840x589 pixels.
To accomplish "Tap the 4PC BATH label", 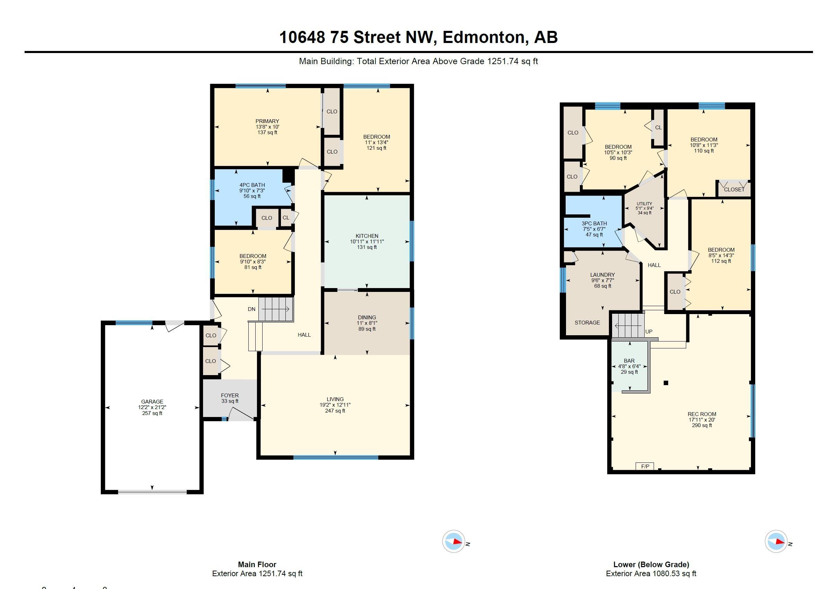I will [x=252, y=185].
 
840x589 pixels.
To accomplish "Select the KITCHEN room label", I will [x=366, y=236].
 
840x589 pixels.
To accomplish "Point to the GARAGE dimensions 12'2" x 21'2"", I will [x=152, y=407].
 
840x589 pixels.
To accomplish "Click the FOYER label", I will [x=230, y=395].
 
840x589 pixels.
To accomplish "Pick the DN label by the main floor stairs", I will [x=251, y=309].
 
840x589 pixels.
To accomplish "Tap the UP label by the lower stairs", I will [x=649, y=332].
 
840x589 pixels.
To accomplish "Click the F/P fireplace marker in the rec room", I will [x=645, y=466].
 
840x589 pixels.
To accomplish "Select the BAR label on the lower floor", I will [x=629, y=361].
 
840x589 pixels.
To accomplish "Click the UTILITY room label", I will [x=644, y=204].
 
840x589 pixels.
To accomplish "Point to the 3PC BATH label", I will [x=594, y=223].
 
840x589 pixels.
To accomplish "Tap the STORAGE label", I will [x=587, y=322].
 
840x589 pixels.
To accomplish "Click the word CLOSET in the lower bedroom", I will [x=734, y=189].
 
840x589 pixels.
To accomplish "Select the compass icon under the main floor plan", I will [x=454, y=541].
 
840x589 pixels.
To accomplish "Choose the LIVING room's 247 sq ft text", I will [x=335, y=411].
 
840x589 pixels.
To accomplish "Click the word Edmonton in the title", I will [x=486, y=37].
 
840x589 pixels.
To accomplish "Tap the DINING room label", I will [x=366, y=317].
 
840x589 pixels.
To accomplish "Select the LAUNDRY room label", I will [x=602, y=275].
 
